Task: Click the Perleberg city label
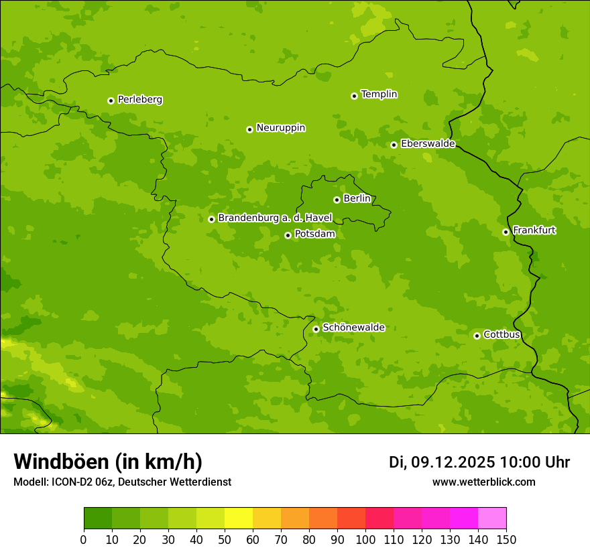click(139, 100)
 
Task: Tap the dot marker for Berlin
click(337, 200)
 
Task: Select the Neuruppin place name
click(280, 128)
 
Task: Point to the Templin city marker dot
click(354, 96)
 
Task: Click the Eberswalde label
click(428, 144)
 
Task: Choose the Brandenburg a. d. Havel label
click(275, 218)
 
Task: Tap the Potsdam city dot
click(288, 235)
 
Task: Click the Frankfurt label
click(534, 230)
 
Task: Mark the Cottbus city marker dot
click(477, 336)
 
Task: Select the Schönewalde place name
click(353, 328)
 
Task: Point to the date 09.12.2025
click(453, 462)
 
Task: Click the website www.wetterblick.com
click(483, 482)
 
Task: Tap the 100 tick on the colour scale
click(365, 539)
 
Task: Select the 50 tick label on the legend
click(225, 539)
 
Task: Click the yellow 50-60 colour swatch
click(239, 518)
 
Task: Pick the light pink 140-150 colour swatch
click(492, 518)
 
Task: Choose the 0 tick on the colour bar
click(84, 539)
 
